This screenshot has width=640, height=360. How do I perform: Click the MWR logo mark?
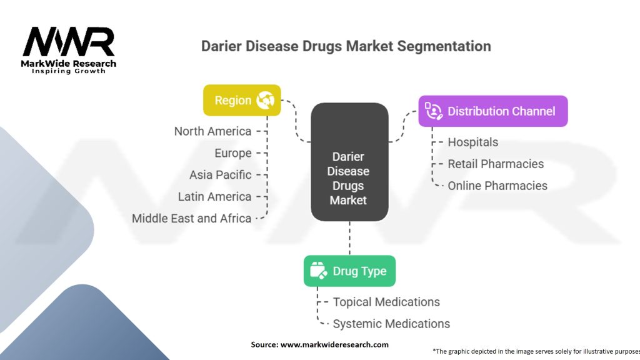[x=69, y=42]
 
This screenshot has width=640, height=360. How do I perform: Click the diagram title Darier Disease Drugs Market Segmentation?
[x=346, y=46]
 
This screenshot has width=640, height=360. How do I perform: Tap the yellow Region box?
[x=242, y=100]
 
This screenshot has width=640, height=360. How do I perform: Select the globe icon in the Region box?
[x=265, y=100]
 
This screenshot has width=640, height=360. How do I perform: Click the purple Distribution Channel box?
[x=493, y=111]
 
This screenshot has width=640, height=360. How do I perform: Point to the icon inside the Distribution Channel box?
[x=434, y=111]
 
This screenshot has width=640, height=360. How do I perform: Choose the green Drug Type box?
[x=350, y=271]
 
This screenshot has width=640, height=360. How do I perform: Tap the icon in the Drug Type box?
[x=318, y=271]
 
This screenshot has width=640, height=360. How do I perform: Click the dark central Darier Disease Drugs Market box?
[x=350, y=162]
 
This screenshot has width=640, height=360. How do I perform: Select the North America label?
[x=212, y=131]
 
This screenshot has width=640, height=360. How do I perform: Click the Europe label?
[x=233, y=153]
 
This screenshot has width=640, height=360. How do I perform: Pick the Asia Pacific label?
[x=221, y=175]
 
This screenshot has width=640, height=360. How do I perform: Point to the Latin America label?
[x=215, y=197]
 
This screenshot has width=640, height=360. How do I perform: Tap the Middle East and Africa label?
[x=191, y=218]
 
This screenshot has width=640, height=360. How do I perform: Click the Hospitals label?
[x=473, y=142]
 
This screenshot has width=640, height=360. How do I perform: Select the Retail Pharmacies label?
[x=496, y=164]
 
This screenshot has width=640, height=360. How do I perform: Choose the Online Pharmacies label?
[x=497, y=186]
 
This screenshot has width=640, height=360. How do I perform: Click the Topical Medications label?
[x=386, y=302]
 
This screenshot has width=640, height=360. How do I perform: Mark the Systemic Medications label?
[x=391, y=324]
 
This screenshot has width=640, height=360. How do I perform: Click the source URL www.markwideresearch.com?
[x=334, y=344]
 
